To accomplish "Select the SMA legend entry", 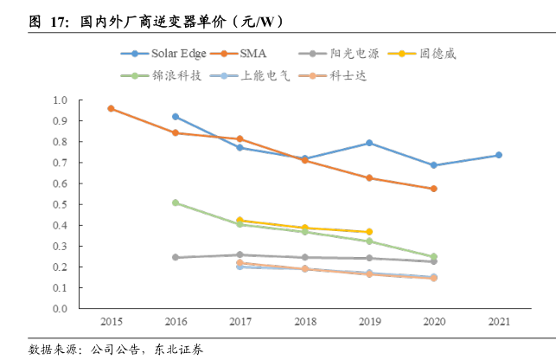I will tap(252, 54).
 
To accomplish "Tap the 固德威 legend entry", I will tap(436, 54).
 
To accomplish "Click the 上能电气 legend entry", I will tap(252, 76).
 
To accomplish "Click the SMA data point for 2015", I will tap(111, 108).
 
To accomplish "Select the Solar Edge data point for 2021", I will tap(498, 155).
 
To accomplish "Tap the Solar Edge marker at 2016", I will tap(176, 116).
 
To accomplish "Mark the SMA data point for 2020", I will tap(433, 189).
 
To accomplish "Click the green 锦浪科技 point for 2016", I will tap(176, 202).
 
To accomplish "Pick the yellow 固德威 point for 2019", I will tap(369, 232).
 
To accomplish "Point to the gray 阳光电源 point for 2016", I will tap(176, 257).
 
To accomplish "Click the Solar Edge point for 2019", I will tap(369, 143).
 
